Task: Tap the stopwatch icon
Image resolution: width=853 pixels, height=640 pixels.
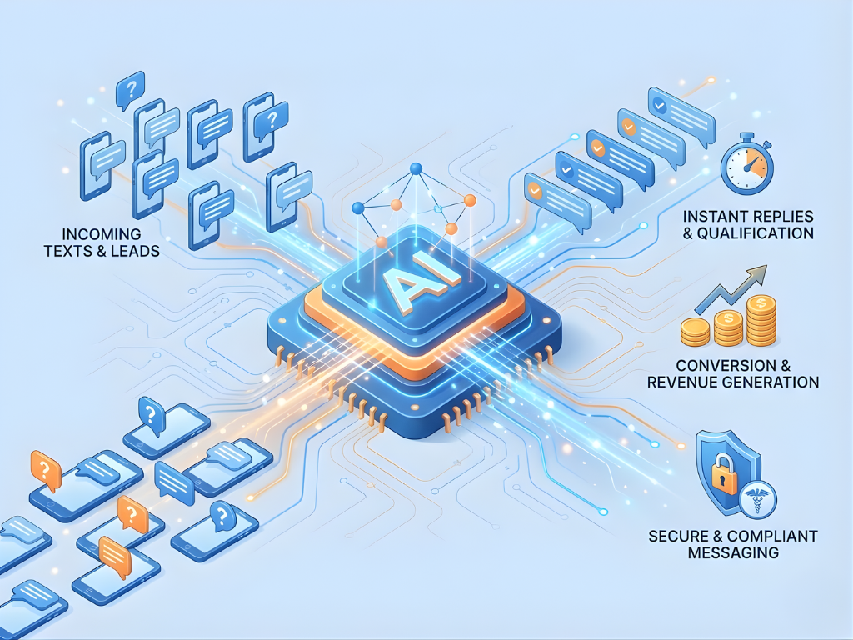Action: click(x=747, y=164)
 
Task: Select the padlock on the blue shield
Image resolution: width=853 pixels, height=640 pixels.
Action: click(x=724, y=477)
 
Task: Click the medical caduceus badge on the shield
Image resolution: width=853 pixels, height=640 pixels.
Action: click(x=757, y=500)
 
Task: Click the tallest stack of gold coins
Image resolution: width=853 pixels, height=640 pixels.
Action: click(x=761, y=320)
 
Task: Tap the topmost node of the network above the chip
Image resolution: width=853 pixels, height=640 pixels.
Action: click(x=415, y=170)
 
